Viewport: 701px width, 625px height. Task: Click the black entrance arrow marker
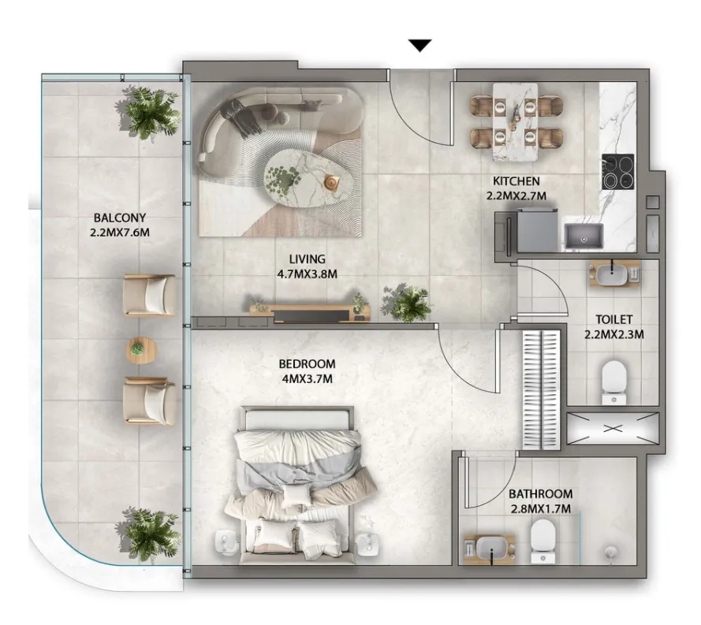(419, 46)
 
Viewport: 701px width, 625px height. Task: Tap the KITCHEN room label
(516, 181)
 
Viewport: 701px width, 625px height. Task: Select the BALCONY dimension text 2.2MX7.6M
(119, 233)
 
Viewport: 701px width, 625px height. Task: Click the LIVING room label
(308, 259)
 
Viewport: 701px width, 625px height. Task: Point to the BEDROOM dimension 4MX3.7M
(308, 379)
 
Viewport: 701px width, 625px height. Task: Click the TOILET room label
(613, 319)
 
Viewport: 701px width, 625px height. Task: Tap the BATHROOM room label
(540, 493)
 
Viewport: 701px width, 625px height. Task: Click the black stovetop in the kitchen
(618, 172)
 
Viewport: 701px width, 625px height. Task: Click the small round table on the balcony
(141, 350)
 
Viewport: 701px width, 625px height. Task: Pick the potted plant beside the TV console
(406, 303)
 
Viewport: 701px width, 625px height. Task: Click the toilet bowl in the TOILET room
(613, 381)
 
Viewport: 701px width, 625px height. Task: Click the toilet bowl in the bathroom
(543, 541)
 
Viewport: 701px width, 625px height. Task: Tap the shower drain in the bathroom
(610, 552)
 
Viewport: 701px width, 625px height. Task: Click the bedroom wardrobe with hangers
(542, 389)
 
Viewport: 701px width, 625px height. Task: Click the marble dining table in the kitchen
(515, 121)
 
